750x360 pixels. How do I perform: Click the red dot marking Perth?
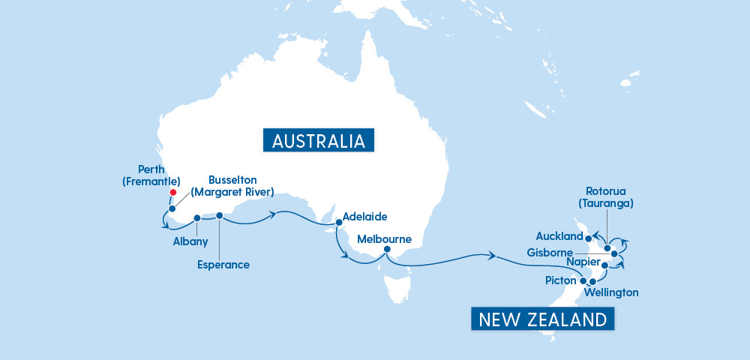172,193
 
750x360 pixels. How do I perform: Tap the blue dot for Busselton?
172,208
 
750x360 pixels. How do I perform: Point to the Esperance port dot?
220,216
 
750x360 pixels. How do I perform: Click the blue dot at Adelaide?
337,221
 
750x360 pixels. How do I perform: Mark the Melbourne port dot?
387,249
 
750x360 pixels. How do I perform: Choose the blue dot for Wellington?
592,281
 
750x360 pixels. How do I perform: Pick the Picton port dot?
583,280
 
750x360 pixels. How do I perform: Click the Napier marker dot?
604,265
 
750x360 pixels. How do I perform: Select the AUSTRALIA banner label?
319,141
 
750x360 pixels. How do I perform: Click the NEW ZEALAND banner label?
543,319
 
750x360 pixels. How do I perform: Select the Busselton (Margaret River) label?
232,185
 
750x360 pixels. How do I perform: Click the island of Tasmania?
396,289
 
